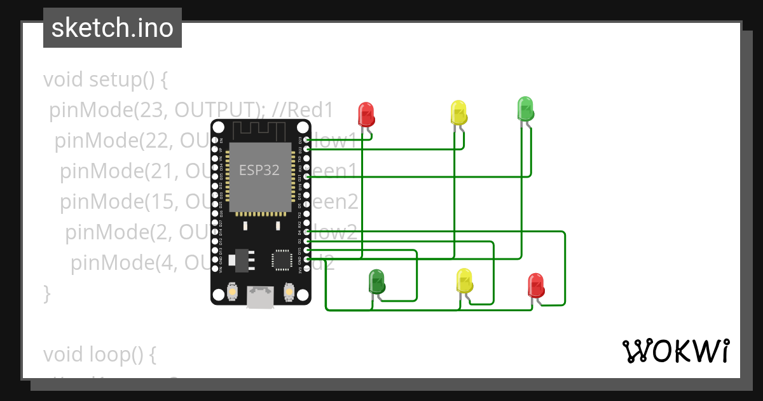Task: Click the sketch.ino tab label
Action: [x=113, y=28]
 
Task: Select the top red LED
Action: [x=366, y=114]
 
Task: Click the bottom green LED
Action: [x=376, y=281]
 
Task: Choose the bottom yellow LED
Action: [x=465, y=280]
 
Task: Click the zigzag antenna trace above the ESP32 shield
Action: [x=261, y=130]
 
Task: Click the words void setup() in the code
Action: [x=106, y=80]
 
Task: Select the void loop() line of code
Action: [x=99, y=354]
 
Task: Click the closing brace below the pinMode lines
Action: [x=46, y=293]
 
